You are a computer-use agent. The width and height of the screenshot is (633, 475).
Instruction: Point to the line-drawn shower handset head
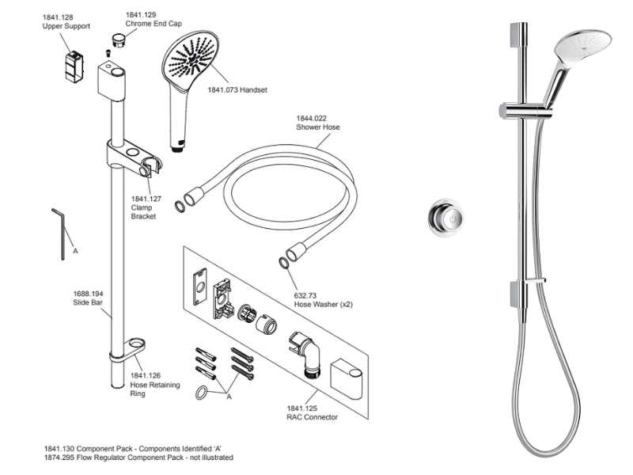tap(191, 63)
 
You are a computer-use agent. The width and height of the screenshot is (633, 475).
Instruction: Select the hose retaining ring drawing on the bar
tap(135, 347)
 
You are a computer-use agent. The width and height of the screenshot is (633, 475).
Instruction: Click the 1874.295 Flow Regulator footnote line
tap(138, 458)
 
